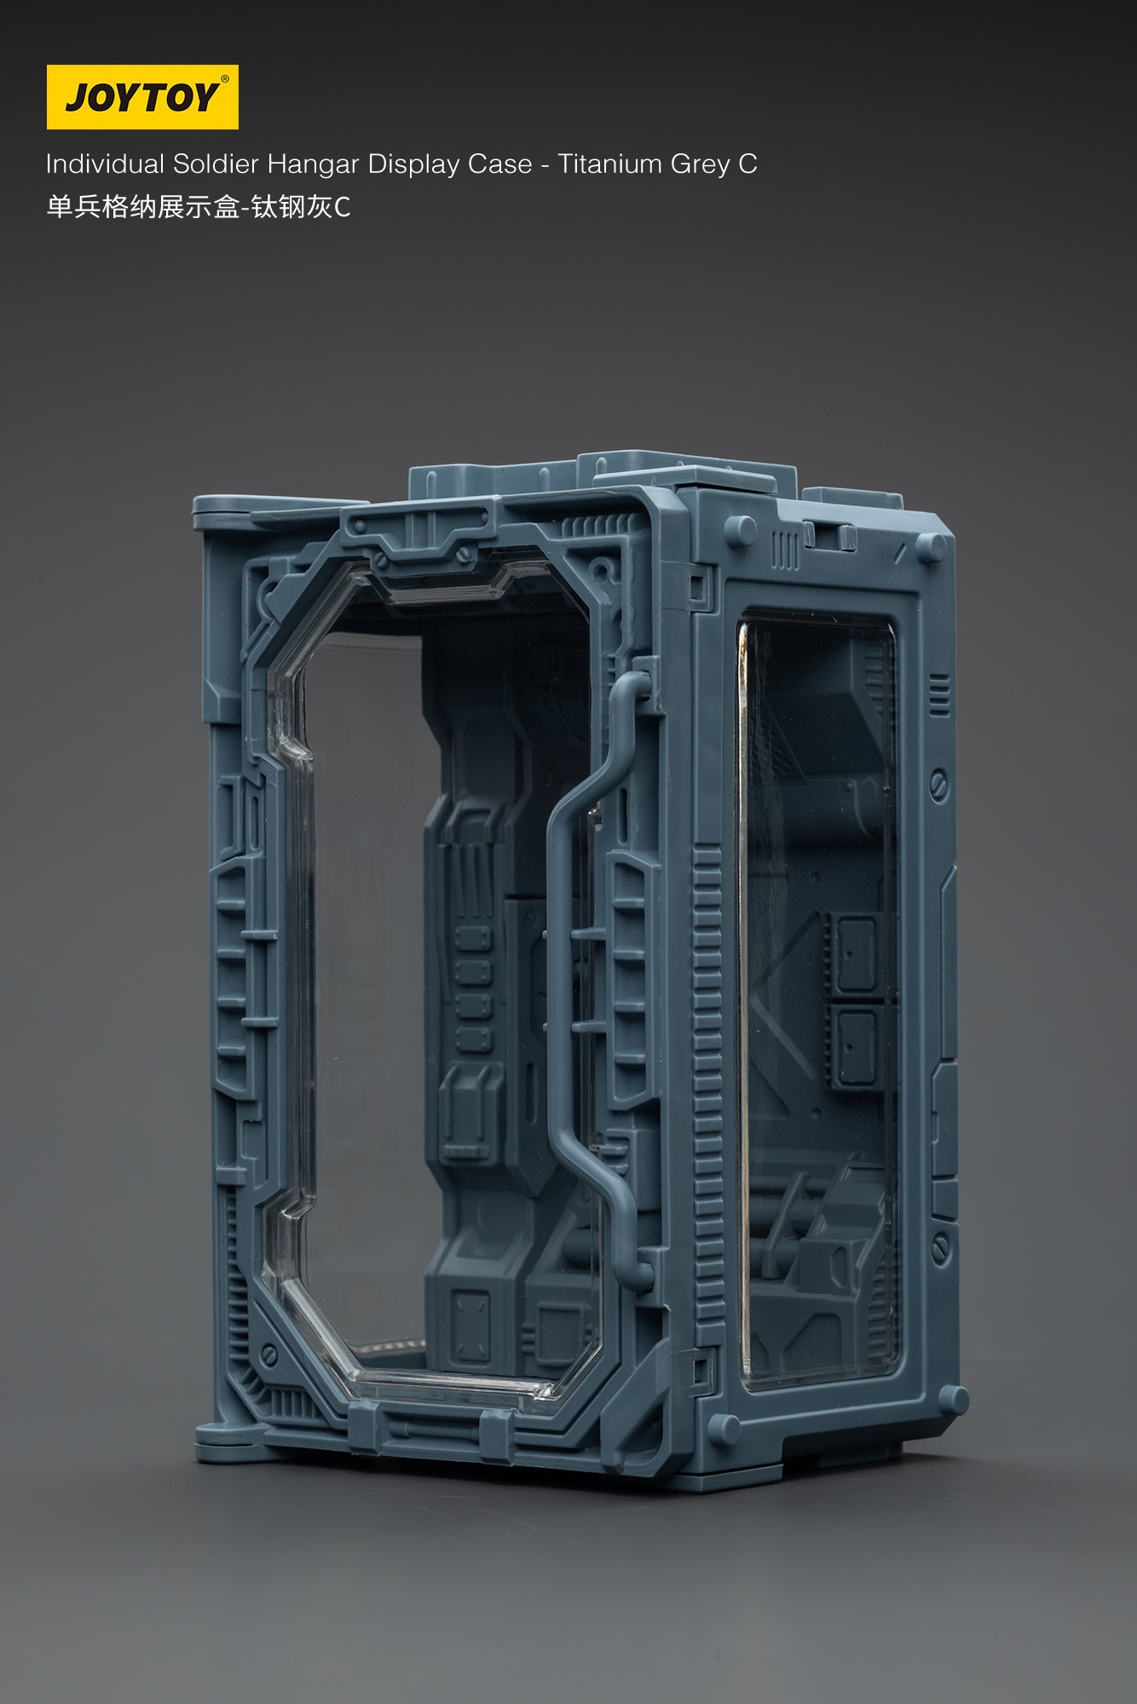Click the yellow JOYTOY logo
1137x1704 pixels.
142,97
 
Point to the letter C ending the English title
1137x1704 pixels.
747,164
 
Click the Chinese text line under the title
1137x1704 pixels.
198,207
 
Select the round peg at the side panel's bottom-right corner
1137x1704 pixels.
953,1399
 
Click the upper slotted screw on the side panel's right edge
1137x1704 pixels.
938,785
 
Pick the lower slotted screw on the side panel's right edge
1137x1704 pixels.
940,1249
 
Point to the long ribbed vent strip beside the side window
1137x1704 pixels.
708,1082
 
